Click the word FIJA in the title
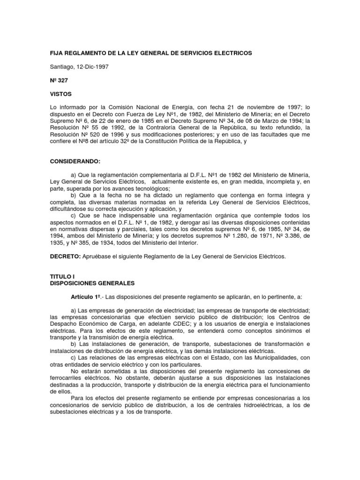(x=57, y=53)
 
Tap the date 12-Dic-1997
(x=93, y=67)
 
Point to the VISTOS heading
(x=61, y=94)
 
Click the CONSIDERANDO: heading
(x=75, y=161)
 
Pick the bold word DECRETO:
(x=65, y=256)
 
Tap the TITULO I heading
(x=62, y=277)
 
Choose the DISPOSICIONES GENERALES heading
(x=92, y=284)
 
